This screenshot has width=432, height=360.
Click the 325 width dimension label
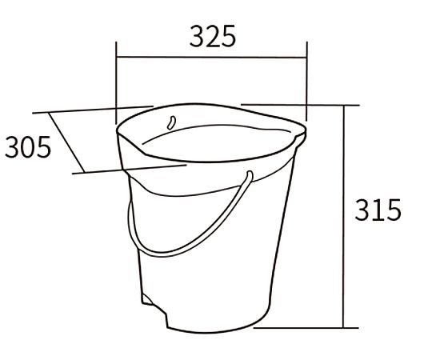click(x=213, y=36)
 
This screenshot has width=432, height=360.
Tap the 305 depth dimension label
click(x=28, y=147)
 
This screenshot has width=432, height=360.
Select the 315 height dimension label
click(x=378, y=210)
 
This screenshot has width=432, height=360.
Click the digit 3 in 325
click(x=197, y=36)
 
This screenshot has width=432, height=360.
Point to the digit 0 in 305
click(x=28, y=147)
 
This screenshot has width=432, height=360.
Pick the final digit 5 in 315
click(x=394, y=210)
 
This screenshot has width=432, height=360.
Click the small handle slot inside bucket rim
click(x=171, y=122)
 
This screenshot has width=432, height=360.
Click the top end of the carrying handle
click(x=250, y=174)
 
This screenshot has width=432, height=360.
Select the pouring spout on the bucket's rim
click(x=299, y=135)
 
